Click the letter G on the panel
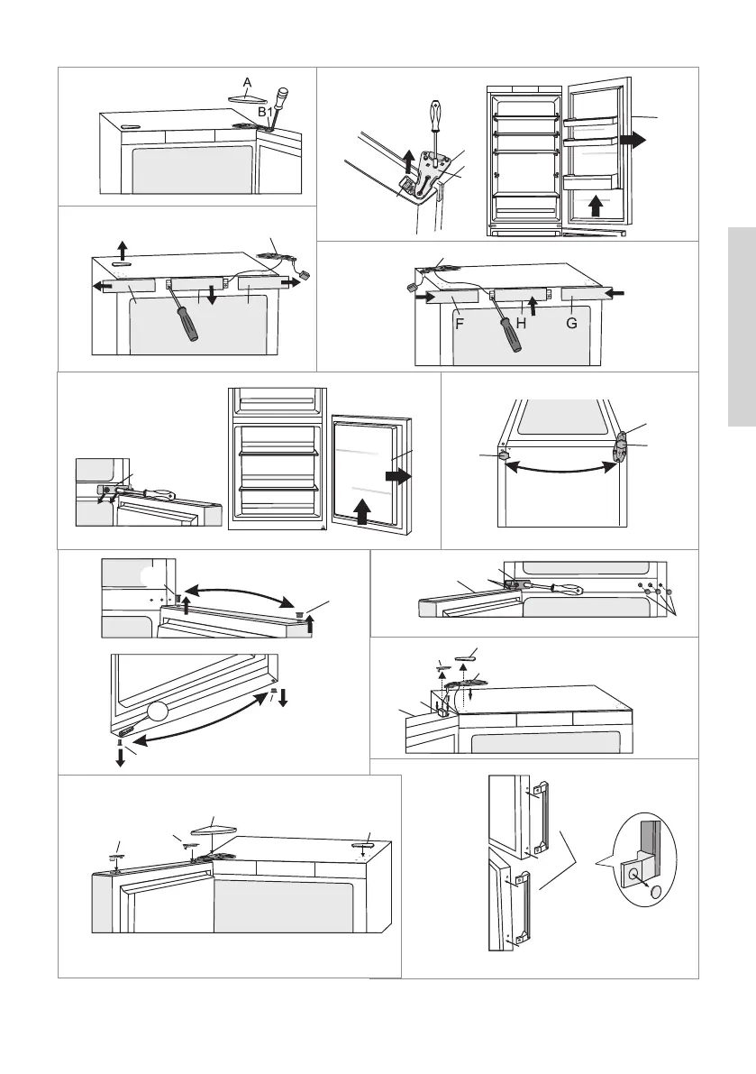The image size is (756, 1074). pyautogui.click(x=571, y=321)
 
